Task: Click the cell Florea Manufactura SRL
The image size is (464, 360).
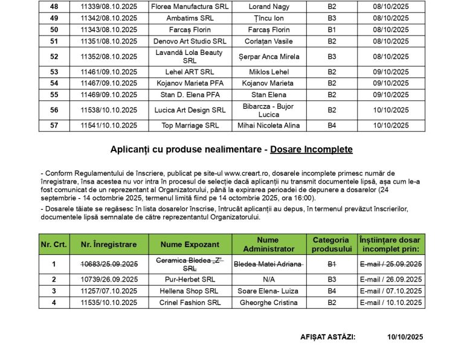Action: point(190,7)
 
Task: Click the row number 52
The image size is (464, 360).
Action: point(54,56)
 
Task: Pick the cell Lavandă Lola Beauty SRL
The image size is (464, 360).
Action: point(190,56)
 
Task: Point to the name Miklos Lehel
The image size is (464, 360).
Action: point(269,71)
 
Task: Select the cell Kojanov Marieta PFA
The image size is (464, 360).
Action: point(190,83)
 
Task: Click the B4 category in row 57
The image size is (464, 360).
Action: point(332,126)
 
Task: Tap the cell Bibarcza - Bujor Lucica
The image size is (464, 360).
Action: point(269,110)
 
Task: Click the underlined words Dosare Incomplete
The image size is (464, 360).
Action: point(311,149)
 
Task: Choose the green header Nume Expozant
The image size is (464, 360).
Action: point(190,244)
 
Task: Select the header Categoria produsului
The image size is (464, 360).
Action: point(332,244)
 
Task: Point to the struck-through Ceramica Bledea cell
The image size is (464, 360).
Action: point(190,264)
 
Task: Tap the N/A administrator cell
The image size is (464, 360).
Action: point(269,279)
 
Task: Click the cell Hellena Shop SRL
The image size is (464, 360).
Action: point(190,291)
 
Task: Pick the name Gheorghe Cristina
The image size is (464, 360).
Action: point(269,303)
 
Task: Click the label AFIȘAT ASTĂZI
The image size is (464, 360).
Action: point(327,337)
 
